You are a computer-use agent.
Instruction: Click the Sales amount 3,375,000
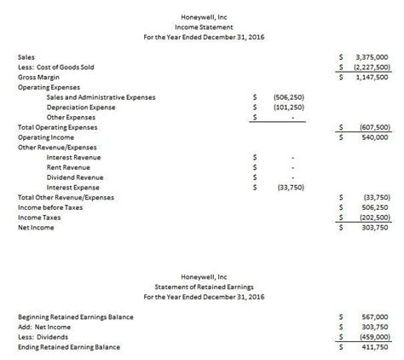(372, 56)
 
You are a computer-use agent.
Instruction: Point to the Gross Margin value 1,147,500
(372, 77)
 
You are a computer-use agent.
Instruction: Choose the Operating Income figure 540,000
(375, 137)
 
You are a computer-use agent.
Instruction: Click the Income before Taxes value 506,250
(375, 207)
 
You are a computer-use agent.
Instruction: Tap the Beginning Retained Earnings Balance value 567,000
(375, 316)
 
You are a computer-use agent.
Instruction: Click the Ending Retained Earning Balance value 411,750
(375, 347)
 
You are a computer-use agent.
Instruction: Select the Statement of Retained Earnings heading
(201, 287)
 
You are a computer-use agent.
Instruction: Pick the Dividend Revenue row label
(75, 177)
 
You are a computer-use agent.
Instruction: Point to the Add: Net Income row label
(44, 327)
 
